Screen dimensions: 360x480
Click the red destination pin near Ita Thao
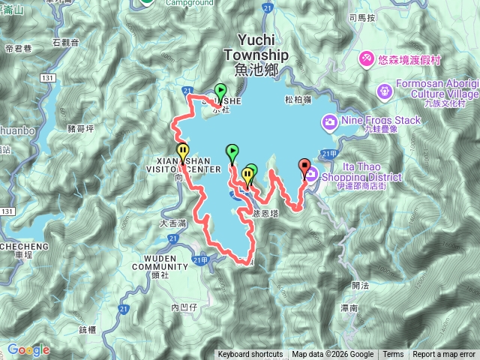[304, 167]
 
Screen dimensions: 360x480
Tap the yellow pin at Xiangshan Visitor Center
[182, 151]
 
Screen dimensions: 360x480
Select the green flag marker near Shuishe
[220, 91]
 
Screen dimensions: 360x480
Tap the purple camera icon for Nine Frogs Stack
[329, 121]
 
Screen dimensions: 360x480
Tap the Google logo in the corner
[28, 350]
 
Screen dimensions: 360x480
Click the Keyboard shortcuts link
[250, 355]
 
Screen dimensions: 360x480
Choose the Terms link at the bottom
[393, 355]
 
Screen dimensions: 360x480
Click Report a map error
[444, 355]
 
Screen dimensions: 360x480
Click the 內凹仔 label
[183, 307]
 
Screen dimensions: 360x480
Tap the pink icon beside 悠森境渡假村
[367, 57]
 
